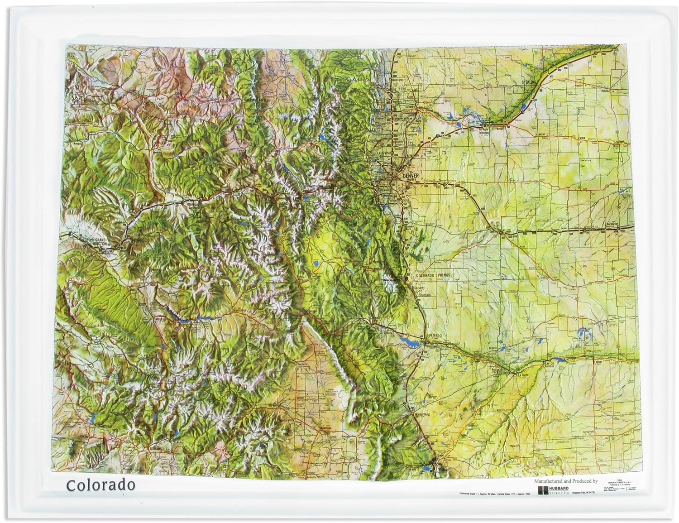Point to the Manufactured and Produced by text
coord(566,481)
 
